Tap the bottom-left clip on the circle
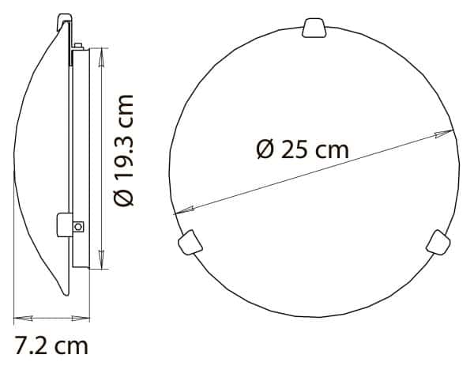pyautogui.click(x=189, y=241)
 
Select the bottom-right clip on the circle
pyautogui.click(x=437, y=242)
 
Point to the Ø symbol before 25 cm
pyautogui.click(x=265, y=149)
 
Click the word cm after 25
pyautogui.click(x=332, y=149)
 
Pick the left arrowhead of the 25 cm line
pyautogui.click(x=179, y=211)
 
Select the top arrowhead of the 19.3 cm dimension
pyautogui.click(x=100, y=52)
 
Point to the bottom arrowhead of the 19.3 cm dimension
pyautogui.click(x=100, y=264)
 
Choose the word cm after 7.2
pyautogui.click(x=72, y=345)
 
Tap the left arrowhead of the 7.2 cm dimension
pyautogui.click(x=19, y=318)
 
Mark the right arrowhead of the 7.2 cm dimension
pyautogui.click(x=85, y=318)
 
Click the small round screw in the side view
pyautogui.click(x=77, y=227)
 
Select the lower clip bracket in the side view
pyautogui.click(x=64, y=224)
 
